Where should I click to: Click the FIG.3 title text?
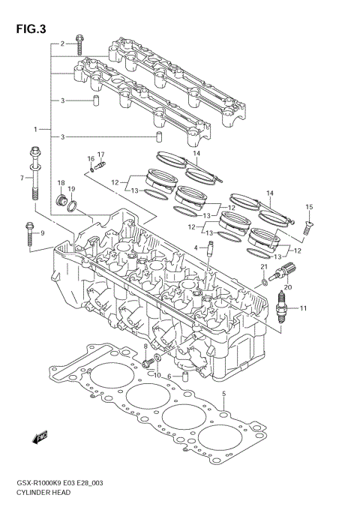click(30, 30)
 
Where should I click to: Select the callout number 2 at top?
click(63, 43)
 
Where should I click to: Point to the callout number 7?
click(22, 178)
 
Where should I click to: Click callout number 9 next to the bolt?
click(43, 233)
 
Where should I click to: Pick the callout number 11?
click(304, 308)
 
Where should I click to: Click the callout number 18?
click(61, 184)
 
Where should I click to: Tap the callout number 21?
click(264, 268)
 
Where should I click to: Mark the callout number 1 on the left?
click(35, 128)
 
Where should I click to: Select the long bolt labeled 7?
click(34, 174)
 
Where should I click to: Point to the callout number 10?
click(158, 376)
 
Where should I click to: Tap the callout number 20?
click(287, 286)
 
